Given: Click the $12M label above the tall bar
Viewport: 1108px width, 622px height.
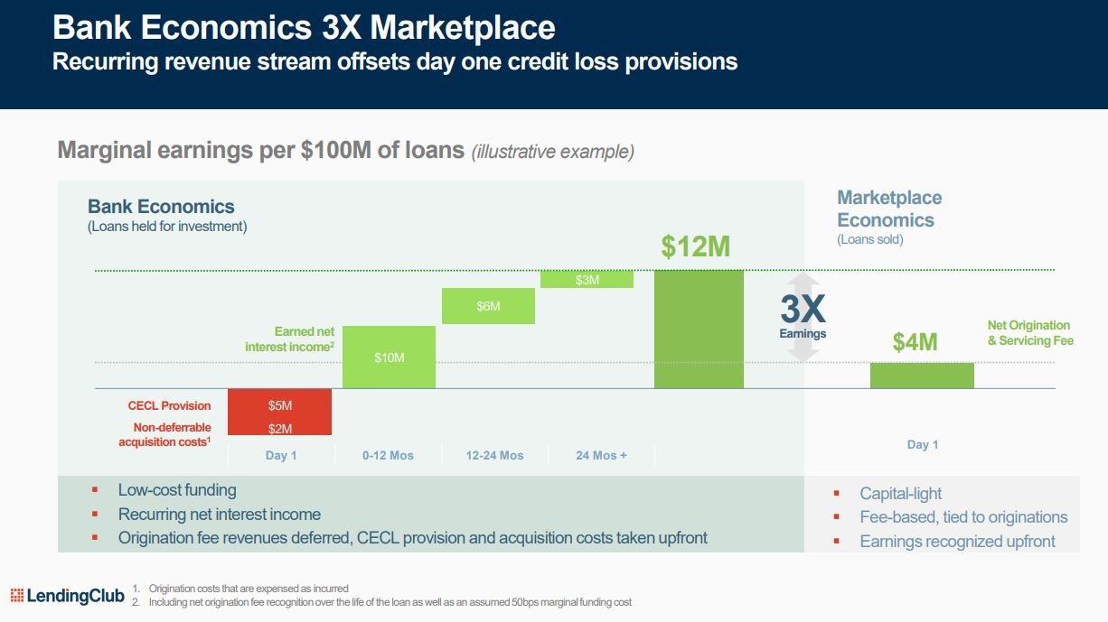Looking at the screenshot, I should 695,246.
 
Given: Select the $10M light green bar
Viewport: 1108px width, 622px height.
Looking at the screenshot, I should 389,357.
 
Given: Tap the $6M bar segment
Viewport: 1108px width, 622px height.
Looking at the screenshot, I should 488,305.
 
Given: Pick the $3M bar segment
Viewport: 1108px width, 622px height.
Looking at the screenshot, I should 587,280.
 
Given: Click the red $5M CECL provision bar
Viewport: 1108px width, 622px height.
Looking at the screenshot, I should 279,404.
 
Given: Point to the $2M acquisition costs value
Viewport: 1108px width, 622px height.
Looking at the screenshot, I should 280,429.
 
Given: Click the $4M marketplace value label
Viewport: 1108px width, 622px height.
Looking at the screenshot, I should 915,341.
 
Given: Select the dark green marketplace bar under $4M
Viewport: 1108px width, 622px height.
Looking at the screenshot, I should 922,376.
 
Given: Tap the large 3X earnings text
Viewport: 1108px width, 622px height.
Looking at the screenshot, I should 803,310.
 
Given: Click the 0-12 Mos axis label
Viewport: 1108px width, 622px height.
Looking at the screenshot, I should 388,455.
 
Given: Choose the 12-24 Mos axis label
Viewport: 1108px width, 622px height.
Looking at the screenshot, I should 494,455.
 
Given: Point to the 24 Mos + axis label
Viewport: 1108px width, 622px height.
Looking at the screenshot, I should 601,455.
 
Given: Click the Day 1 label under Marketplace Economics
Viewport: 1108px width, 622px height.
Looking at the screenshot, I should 922,444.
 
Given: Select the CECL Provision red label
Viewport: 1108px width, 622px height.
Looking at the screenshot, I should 169,405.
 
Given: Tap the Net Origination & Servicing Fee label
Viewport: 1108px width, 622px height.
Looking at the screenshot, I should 1029,333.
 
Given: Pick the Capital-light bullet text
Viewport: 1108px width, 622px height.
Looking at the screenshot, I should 900,493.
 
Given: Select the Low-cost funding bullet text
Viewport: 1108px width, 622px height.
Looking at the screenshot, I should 177,490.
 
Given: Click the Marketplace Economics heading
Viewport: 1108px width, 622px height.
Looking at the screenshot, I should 888,209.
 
